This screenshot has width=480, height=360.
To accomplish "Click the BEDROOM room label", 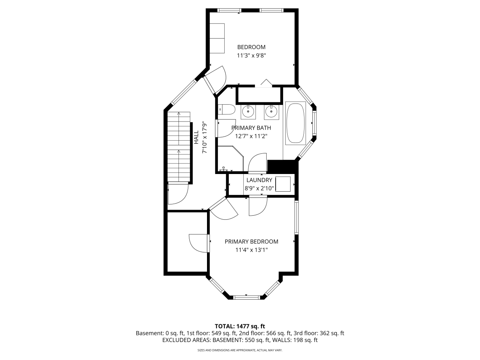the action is point(251,47).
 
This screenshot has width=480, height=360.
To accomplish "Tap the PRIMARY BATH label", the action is point(251,128).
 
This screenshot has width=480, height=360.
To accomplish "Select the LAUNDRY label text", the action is point(259,180).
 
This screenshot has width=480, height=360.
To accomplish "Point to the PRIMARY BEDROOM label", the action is point(252,241).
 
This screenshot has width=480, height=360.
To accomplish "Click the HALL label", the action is point(196,137).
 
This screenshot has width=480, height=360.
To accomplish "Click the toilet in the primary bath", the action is point(226,109).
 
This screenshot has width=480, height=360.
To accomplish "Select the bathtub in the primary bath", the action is point(295,123).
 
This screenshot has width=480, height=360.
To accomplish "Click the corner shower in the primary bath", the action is point(231,159).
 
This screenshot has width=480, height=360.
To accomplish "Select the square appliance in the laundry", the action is point(283,184).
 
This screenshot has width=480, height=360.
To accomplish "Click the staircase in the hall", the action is point(179,147).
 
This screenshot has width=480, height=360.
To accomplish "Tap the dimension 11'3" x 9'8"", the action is point(251,55).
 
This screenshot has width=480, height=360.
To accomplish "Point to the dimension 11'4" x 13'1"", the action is point(252,250).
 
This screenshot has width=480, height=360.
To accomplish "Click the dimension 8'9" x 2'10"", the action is point(259,188).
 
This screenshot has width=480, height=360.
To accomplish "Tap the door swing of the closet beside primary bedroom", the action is point(198,243).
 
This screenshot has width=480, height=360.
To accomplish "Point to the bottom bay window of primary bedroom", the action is point(247,297).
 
